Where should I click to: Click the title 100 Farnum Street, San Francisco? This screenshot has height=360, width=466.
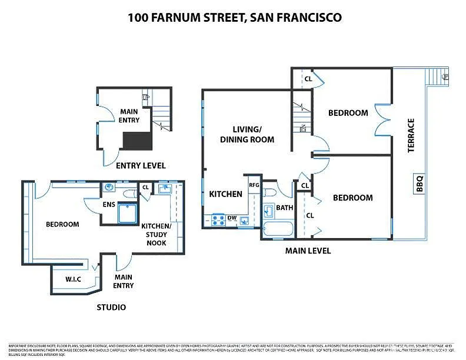234,18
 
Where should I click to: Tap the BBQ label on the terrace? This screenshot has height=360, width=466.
420,185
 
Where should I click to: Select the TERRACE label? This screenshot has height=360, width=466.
411,135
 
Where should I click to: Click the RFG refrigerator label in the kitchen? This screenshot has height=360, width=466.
254,185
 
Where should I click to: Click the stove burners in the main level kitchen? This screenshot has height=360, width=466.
218,220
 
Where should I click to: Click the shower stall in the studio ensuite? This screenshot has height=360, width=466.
128,213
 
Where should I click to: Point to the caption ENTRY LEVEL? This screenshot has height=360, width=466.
141,165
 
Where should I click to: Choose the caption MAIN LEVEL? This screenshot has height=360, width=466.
308,251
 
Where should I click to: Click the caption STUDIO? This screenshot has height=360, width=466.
111,307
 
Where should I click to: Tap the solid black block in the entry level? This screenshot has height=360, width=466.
137,141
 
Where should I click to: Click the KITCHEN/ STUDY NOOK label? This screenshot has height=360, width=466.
156,234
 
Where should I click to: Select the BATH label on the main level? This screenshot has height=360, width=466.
285,208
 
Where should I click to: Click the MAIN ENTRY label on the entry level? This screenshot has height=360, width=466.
129,115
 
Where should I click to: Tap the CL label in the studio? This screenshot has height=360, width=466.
145,188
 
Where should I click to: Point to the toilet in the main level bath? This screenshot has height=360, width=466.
269,192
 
